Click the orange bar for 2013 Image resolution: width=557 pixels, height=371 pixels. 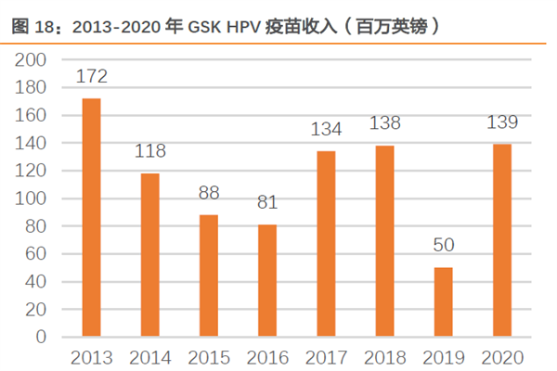click(x=91, y=217)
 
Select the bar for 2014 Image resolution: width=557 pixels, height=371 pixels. click(x=149, y=254)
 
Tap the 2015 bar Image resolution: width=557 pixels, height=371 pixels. click(x=209, y=275)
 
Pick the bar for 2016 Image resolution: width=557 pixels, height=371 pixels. click(x=267, y=280)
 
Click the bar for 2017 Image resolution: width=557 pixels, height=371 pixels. click(x=326, y=243)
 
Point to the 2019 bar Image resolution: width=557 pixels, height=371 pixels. click(x=443, y=302)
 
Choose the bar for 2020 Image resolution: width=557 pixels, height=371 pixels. click(x=501, y=240)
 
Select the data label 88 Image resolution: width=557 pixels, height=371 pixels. click(x=209, y=195)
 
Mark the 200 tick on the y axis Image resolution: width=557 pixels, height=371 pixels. click(x=32, y=59)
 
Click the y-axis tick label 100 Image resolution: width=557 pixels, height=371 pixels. click(x=32, y=198)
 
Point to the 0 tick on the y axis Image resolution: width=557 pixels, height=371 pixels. click(x=41, y=338)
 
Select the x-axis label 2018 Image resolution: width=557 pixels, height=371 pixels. click(x=384, y=357)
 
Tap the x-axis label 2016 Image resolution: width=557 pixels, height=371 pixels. click(x=267, y=357)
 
